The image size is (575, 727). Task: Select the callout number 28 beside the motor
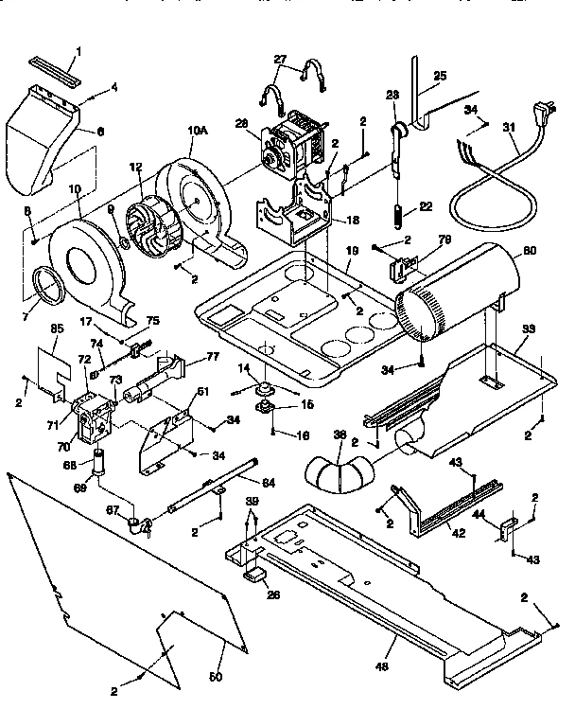click(241, 123)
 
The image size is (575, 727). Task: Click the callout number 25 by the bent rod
click(439, 77)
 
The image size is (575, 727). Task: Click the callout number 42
click(459, 533)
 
